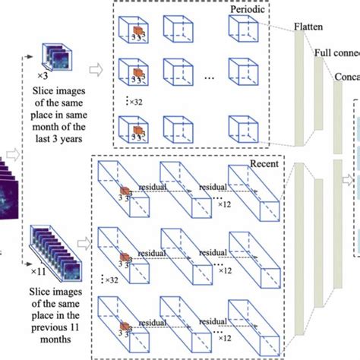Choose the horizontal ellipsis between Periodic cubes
(210, 78)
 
